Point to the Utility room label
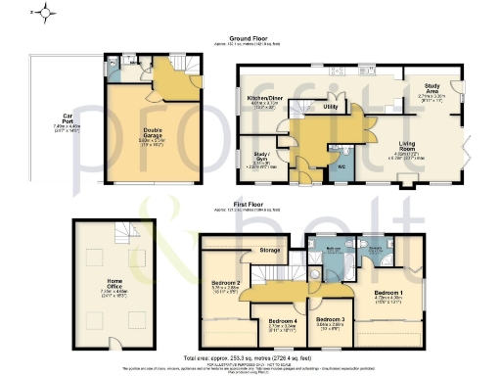point(331,106)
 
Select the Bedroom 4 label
point(282,320)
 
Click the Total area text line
point(250,358)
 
